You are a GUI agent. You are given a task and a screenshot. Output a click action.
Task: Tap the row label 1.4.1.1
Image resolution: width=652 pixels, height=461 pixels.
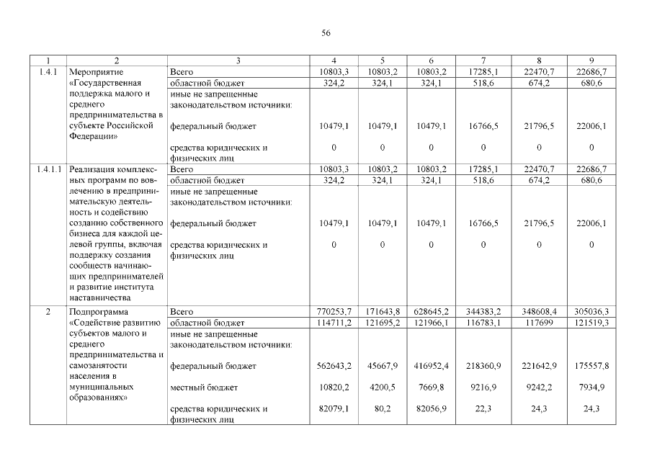(48, 169)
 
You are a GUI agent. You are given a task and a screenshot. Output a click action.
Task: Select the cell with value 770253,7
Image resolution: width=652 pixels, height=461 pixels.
(334, 312)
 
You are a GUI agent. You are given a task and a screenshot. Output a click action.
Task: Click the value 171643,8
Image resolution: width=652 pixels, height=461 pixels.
(383, 312)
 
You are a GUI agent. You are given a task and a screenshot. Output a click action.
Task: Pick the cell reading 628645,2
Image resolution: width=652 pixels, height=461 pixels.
(430, 312)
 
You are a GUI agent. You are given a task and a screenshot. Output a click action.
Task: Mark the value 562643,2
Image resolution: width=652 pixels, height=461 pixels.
(334, 367)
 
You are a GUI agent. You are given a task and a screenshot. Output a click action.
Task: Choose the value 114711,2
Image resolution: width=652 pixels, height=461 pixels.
(334, 323)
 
